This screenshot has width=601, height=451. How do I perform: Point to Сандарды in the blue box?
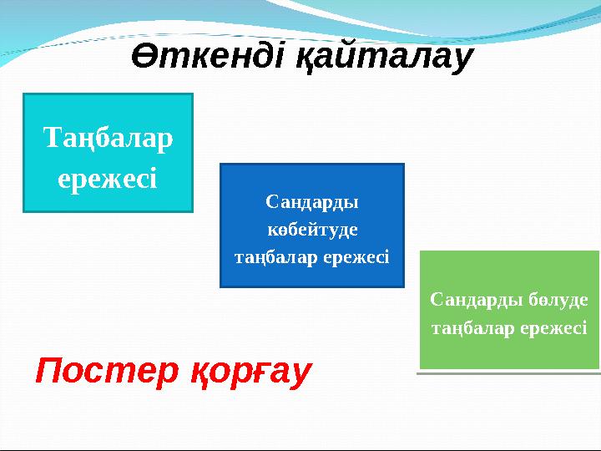pos(311,201)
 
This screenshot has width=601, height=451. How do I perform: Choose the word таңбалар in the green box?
pos(472,328)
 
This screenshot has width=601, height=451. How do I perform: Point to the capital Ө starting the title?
pos(144,58)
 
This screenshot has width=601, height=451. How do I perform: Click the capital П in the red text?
pos(47,369)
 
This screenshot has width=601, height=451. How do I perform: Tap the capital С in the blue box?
pos(270,201)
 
